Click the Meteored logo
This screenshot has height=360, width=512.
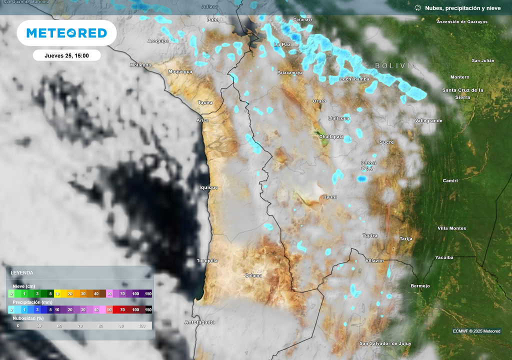(66, 33)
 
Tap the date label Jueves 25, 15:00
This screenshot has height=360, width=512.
(66, 55)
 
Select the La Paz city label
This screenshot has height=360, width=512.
(282, 44)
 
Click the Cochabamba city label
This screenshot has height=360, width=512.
(354, 79)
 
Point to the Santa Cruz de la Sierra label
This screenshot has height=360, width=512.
(462, 93)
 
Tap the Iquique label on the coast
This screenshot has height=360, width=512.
(209, 187)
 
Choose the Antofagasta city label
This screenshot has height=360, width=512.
(199, 322)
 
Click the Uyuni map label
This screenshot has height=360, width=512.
(329, 197)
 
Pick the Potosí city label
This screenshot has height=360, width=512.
(368, 163)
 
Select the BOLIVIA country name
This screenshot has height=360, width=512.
(395, 65)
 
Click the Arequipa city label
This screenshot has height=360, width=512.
(158, 41)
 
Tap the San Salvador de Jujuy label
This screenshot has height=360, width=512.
(385, 343)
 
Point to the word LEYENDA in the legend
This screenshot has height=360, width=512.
(22, 272)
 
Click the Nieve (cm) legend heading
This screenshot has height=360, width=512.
(23, 286)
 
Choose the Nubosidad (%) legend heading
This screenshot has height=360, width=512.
(28, 318)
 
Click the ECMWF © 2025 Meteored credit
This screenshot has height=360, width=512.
(476, 331)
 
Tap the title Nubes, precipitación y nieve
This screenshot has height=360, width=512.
(462, 8)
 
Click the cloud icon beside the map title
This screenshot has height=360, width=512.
(417, 8)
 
